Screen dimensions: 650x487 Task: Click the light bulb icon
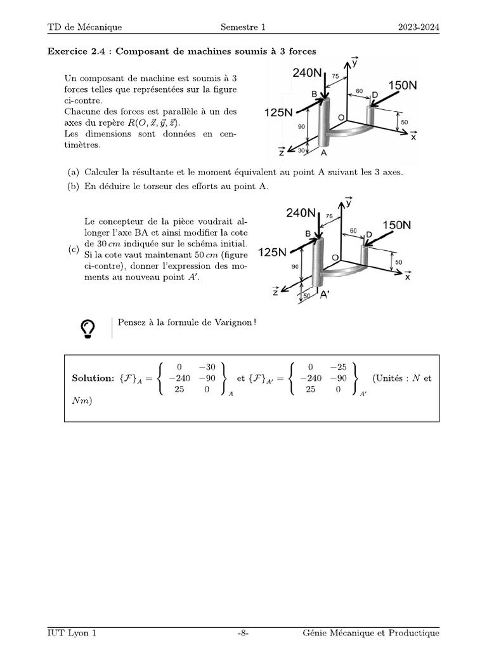pyautogui.click(x=88, y=328)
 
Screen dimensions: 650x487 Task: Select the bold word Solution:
pyautogui.click(x=93, y=378)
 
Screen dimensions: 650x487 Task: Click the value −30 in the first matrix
pyautogui.click(x=207, y=366)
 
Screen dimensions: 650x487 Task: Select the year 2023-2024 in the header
pyautogui.click(x=419, y=27)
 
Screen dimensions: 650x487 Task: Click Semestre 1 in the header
pyautogui.click(x=243, y=27)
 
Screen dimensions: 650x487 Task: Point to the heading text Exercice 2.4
pyautogui.click(x=77, y=51)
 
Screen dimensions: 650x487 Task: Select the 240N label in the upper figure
pyautogui.click(x=308, y=73)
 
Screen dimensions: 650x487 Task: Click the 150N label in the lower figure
pyautogui.click(x=396, y=225)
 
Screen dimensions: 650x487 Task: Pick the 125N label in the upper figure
pyautogui.click(x=278, y=112)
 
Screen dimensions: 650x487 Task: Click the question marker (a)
pyautogui.click(x=74, y=172)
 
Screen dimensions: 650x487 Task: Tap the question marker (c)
pyautogui.click(x=74, y=250)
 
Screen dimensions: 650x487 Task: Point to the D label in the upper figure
pyautogui.click(x=375, y=95)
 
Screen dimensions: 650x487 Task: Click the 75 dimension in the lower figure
pyautogui.click(x=328, y=216)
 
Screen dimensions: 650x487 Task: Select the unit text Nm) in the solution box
pyautogui.click(x=82, y=400)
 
